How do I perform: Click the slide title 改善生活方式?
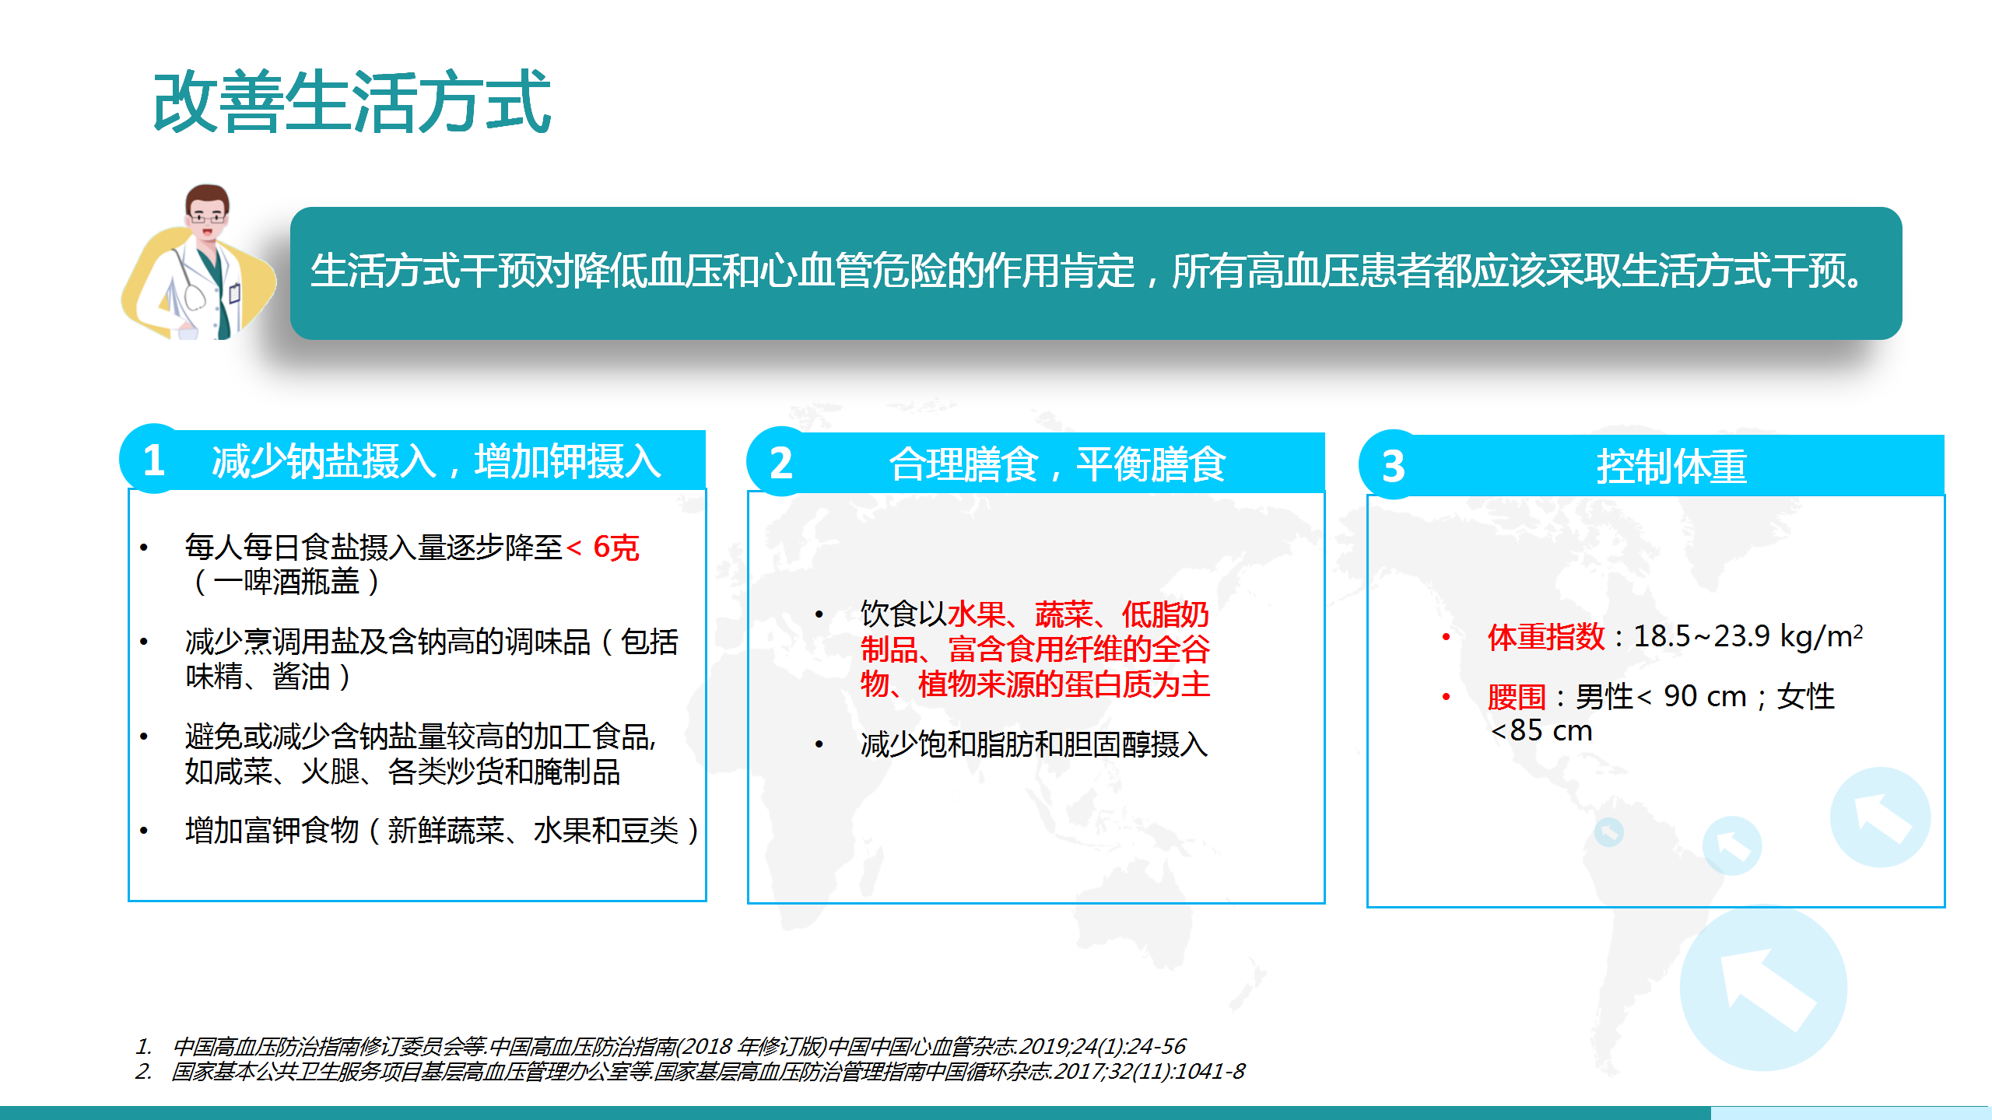pos(352,102)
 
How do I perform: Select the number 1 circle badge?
pos(154,459)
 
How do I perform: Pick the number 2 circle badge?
pos(781,462)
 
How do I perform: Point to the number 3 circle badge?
pos(1394,465)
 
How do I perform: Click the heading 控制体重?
pos(1672,467)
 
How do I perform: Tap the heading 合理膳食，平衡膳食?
pos(1057,464)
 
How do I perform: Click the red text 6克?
pos(615,548)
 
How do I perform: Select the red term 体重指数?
pos(1545,637)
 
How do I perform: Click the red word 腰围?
pos(1517,697)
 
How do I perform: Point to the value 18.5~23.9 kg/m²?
pos(1748,636)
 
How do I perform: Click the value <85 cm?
pos(1541,730)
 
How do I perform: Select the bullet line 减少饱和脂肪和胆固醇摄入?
pos(1034,744)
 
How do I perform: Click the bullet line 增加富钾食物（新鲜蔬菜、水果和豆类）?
pos(442,831)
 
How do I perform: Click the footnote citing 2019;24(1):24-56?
pos(679,1046)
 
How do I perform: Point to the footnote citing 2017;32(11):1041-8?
pos(708,1071)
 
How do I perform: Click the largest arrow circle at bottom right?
pos(1763,990)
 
